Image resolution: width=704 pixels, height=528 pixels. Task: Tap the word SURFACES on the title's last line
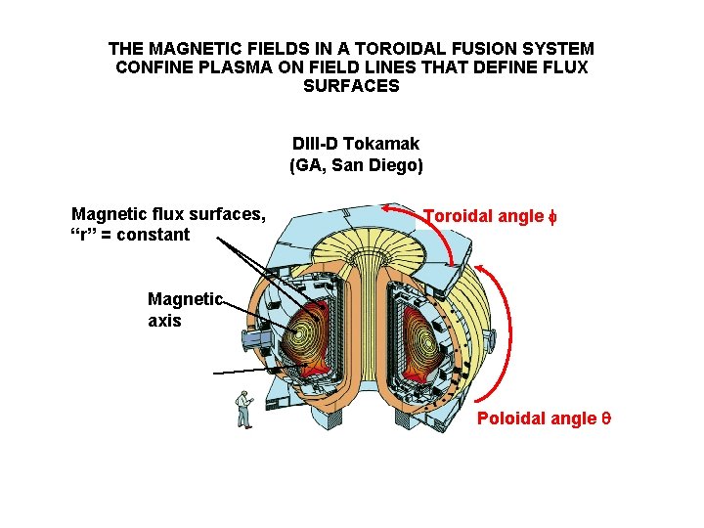pos(352,86)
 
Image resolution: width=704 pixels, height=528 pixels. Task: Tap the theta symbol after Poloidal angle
pos(605,418)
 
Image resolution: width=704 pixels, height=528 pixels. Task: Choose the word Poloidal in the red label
pos(508,418)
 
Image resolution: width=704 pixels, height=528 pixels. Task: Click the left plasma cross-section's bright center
pos(298,333)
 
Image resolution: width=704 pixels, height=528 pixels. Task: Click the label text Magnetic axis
pos(184,309)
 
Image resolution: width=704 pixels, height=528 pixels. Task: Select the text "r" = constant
pos(131,235)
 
